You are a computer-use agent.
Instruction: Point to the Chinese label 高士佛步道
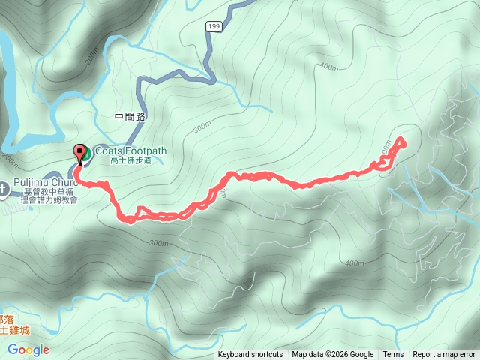click(130, 160)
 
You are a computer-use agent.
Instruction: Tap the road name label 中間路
click(130, 117)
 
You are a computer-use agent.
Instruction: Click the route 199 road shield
click(214, 26)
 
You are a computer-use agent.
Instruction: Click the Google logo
click(28, 349)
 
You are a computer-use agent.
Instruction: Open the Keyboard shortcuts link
click(250, 355)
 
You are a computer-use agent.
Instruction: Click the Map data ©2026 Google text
click(333, 355)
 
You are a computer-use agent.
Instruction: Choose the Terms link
click(393, 355)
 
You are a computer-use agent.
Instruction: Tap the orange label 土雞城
click(14, 328)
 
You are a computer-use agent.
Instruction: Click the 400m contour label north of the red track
click(328, 67)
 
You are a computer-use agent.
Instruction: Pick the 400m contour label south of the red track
click(352, 263)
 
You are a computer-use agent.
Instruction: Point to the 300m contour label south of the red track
click(157, 242)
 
